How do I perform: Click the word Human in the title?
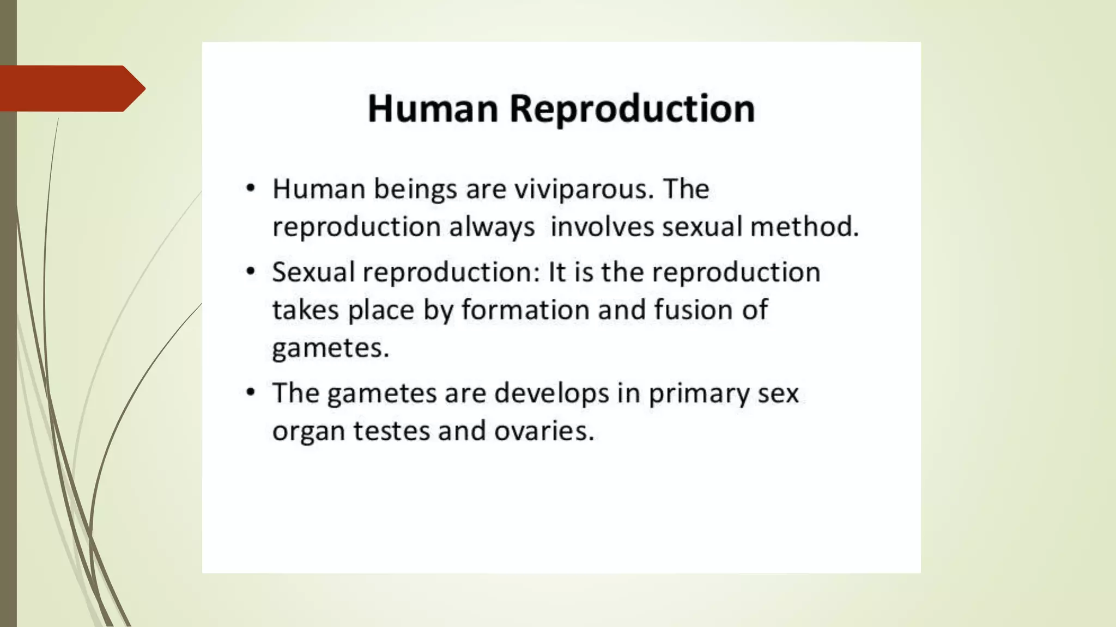click(x=433, y=108)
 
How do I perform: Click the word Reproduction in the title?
click(x=632, y=108)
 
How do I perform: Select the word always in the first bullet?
click(x=492, y=227)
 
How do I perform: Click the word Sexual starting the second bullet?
click(x=313, y=272)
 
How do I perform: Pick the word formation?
click(x=525, y=310)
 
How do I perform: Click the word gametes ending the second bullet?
click(x=330, y=348)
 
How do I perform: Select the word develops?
click(x=551, y=394)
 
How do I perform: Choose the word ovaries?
click(x=543, y=431)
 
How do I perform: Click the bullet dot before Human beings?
click(x=250, y=189)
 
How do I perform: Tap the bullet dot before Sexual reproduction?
click(x=250, y=272)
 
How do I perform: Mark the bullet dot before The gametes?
click(x=250, y=392)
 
